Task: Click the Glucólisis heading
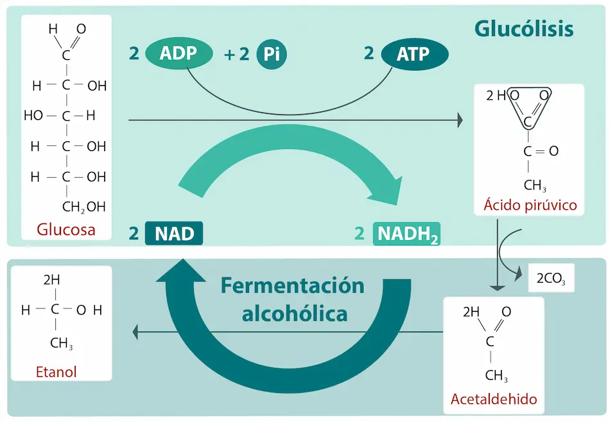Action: click(x=523, y=29)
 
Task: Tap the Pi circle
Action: click(x=271, y=55)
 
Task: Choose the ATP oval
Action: click(x=414, y=55)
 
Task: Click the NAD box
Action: click(x=174, y=233)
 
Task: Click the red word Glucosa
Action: click(x=66, y=229)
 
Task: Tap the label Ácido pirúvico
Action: click(x=530, y=206)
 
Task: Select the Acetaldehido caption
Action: click(x=493, y=399)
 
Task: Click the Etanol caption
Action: click(x=57, y=371)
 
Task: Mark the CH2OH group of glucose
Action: click(x=83, y=207)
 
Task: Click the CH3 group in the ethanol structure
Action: click(x=62, y=343)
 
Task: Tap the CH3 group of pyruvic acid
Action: click(x=535, y=186)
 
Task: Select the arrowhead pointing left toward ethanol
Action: click(x=136, y=332)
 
